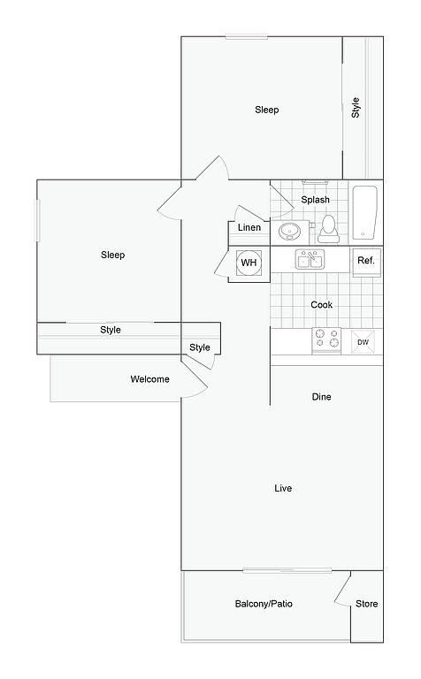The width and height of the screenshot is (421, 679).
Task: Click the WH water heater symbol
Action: point(249,263)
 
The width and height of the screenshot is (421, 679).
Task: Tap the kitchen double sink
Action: point(310,259)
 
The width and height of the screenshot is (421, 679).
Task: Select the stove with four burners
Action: point(326,339)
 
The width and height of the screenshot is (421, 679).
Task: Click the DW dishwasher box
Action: point(363,341)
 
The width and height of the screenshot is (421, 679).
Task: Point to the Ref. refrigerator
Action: point(366,263)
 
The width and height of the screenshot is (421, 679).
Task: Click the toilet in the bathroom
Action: point(328,228)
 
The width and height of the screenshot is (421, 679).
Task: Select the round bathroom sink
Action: point(289,232)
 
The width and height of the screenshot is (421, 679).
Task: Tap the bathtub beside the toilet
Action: point(364,212)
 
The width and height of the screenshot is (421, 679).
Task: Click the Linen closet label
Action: point(249,227)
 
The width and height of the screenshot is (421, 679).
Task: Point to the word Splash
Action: point(316,200)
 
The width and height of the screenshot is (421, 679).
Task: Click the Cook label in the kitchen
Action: point(322,305)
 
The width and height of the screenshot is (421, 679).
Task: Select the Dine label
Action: point(321,397)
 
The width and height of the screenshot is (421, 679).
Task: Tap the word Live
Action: point(283,488)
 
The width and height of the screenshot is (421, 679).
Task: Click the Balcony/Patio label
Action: point(264,604)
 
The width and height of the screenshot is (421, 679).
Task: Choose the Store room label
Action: point(366,604)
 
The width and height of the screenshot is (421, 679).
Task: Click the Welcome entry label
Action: point(149,379)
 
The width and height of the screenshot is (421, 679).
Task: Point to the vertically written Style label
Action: point(356,108)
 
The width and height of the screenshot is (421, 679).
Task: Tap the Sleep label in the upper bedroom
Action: point(267,110)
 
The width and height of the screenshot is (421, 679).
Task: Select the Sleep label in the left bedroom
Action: point(112,255)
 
